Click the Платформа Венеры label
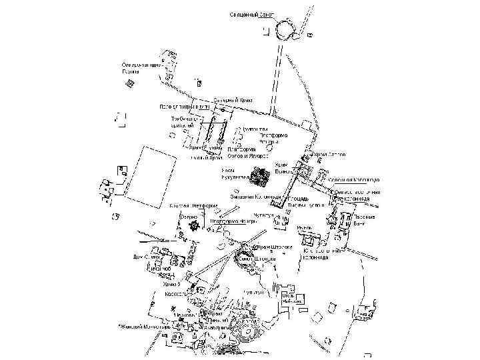coord(274,139)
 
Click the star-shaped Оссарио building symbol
coord(195,227)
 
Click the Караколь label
coord(175,293)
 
